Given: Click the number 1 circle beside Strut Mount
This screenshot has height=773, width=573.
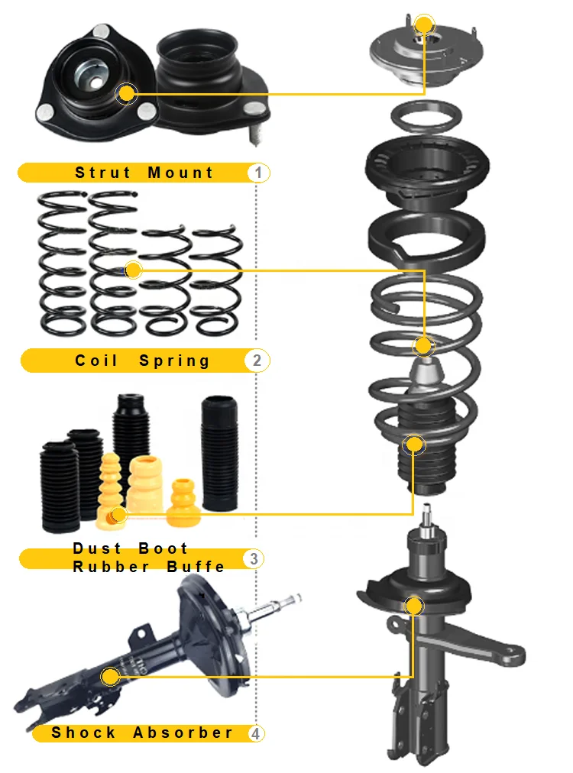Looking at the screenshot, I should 258,173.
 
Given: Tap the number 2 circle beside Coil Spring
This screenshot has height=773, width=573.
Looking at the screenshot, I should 257,360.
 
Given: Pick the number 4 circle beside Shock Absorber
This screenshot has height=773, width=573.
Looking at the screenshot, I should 256,733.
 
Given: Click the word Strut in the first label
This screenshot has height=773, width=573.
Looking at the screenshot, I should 102,173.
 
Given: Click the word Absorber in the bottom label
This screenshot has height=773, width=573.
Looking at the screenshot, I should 183,733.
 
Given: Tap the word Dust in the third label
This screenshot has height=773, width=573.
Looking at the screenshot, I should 97,548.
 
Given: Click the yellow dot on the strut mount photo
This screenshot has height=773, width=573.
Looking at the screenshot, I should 127,94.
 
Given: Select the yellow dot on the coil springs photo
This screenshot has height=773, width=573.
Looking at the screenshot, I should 133,270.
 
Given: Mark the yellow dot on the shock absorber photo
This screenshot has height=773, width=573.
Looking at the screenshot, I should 111,676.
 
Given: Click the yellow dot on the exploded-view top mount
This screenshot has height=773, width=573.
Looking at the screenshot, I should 425,24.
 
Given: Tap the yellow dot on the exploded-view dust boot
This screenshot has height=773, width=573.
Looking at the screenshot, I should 414,443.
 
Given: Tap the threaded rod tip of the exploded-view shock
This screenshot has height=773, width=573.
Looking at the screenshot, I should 429,519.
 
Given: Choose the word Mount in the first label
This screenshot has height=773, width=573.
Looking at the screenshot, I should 180,173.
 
